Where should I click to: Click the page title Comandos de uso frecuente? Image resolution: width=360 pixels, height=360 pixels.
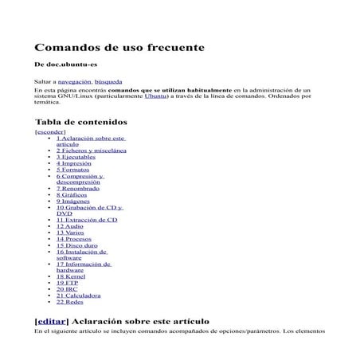point(119,47)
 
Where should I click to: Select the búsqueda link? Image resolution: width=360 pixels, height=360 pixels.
point(109,82)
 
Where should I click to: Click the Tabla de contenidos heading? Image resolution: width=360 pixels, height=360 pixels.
point(81,122)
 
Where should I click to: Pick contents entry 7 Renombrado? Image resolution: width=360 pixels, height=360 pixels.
point(78,188)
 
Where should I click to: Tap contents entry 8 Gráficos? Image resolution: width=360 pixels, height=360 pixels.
point(73,194)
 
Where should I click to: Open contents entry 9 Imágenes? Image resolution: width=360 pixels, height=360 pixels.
point(76,202)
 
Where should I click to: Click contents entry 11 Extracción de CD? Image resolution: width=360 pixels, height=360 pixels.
point(87,220)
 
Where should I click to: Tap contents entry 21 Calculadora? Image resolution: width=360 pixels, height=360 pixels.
point(79,295)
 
